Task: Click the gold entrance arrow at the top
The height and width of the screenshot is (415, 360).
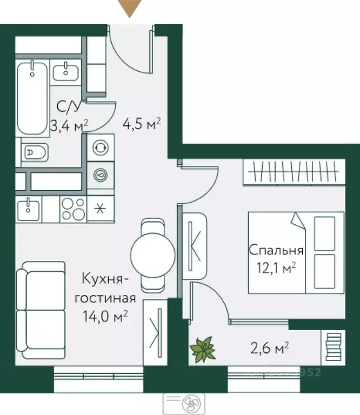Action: tap(130, 9)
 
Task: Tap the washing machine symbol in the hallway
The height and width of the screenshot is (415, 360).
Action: tap(99, 148)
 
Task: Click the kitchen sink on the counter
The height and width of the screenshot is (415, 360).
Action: tap(28, 208)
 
